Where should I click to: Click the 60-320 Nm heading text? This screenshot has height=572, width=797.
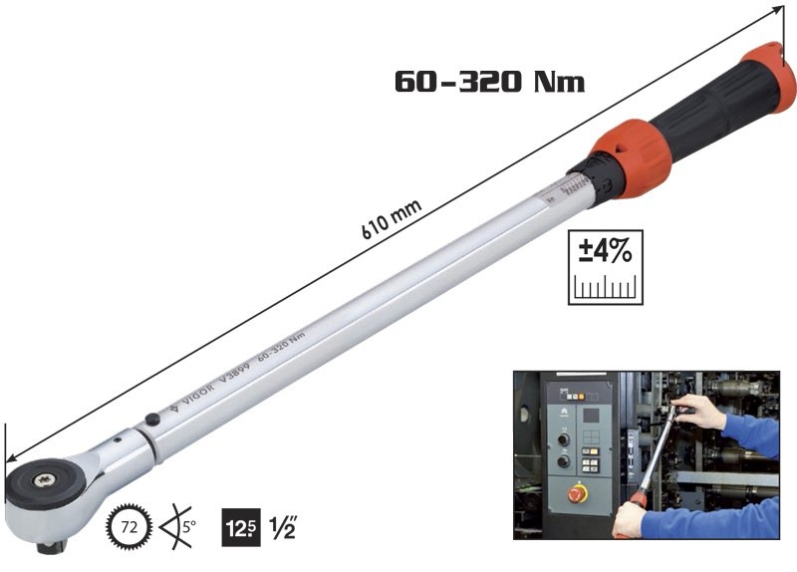coord(488,80)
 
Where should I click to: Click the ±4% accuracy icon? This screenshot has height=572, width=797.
coord(605,266)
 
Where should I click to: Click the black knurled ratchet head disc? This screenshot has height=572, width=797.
coord(44,482)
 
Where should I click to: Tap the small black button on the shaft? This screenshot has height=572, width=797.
coord(150,421)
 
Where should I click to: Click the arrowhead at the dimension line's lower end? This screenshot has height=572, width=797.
coord(8,454)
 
